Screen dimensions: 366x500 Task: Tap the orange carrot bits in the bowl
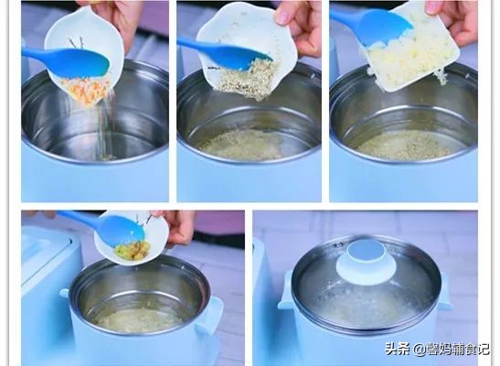(x=86, y=91)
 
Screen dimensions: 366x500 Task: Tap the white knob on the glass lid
(x=365, y=260)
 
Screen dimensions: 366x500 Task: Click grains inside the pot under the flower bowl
(x=242, y=144)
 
